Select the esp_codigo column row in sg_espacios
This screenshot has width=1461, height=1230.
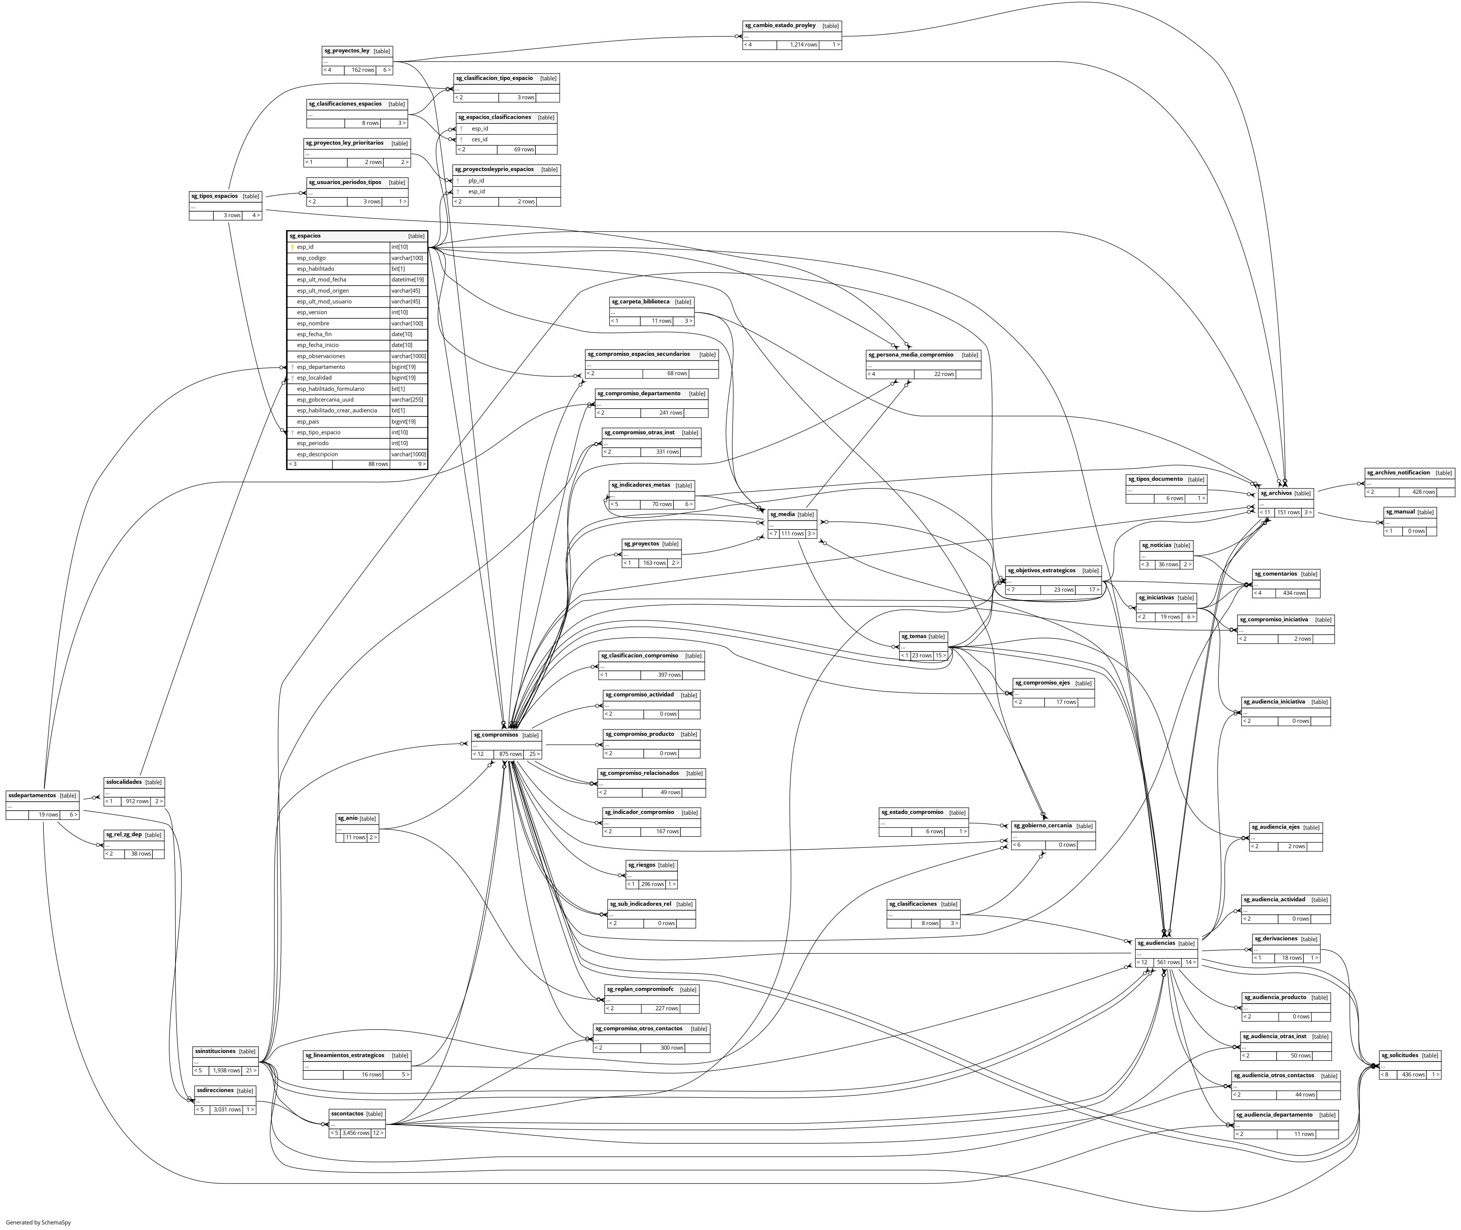pos(311,258)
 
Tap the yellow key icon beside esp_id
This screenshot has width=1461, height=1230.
pos(292,247)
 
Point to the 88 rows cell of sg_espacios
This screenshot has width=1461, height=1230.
pos(378,464)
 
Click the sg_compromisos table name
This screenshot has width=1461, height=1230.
pos(496,735)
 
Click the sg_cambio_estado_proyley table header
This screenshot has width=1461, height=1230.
pos(780,26)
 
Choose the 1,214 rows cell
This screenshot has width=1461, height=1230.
pos(803,45)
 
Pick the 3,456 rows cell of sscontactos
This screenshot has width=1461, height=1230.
pos(355,1132)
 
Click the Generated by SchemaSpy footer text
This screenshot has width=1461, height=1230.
pos(38,1221)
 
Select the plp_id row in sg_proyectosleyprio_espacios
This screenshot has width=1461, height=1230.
pos(476,181)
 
